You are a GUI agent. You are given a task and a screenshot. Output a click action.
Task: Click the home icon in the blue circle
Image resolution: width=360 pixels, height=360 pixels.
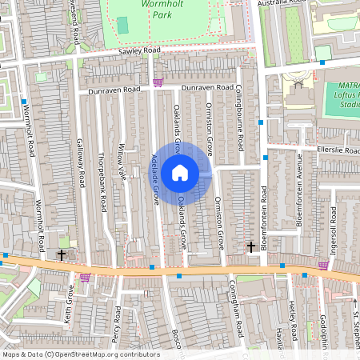[x=180, y=172]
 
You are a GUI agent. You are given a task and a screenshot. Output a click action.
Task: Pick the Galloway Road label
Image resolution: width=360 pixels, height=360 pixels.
[x=80, y=163]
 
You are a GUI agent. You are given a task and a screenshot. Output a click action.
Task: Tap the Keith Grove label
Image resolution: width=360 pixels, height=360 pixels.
[x=69, y=306]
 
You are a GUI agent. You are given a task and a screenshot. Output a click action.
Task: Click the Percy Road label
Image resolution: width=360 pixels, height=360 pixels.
[x=116, y=324]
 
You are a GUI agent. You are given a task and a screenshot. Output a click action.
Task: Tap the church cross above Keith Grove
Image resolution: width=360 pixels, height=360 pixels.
[x=62, y=255]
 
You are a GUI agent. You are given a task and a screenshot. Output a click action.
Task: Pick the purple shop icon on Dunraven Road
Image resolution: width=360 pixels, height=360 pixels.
[x=158, y=82]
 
